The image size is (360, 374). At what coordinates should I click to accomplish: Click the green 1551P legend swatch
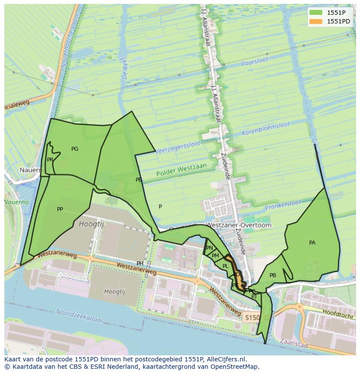(316, 12)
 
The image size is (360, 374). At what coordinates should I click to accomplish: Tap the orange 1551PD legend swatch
(316, 21)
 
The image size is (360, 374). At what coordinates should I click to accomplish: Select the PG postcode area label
(75, 149)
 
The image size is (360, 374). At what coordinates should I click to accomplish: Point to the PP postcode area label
(60, 209)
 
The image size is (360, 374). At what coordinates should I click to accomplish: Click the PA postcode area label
(312, 243)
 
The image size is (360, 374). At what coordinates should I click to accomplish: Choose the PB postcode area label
(273, 275)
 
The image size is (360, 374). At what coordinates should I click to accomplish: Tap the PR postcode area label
(50, 160)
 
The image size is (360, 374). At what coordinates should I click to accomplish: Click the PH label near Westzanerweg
(140, 264)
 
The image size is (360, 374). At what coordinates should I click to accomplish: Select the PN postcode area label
(210, 248)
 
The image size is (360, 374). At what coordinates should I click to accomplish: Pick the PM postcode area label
(215, 256)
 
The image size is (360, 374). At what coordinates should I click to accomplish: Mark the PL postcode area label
(225, 266)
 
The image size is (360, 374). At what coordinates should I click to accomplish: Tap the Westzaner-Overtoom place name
(238, 225)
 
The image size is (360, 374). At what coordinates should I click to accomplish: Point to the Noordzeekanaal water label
(80, 316)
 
